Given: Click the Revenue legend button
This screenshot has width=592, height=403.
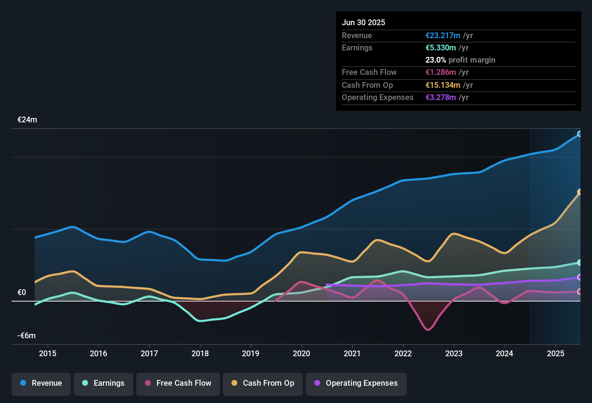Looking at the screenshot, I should pyautogui.click(x=41, y=383).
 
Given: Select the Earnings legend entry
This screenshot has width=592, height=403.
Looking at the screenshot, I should pyautogui.click(x=103, y=383).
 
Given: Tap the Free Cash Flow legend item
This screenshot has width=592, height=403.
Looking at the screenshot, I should pyautogui.click(x=178, y=383).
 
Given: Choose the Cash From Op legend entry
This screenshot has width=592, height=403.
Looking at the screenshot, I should pyautogui.click(x=263, y=383).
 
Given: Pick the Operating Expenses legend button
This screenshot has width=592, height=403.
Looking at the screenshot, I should pyautogui.click(x=356, y=383).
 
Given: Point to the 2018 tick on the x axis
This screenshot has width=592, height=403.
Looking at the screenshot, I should pyautogui.click(x=200, y=353).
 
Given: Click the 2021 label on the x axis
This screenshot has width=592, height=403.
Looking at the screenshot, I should pyautogui.click(x=352, y=353).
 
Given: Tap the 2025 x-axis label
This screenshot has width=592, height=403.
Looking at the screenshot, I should pyautogui.click(x=556, y=353).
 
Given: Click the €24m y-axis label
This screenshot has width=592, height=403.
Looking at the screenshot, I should pyautogui.click(x=27, y=120).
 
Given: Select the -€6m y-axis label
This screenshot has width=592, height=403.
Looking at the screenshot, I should pyautogui.click(x=27, y=336).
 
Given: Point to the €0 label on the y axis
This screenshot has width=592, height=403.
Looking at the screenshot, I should pyautogui.click(x=22, y=293).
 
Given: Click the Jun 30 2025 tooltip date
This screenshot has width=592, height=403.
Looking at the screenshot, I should pyautogui.click(x=363, y=23).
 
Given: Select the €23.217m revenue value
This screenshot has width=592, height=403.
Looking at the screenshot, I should pyautogui.click(x=443, y=36).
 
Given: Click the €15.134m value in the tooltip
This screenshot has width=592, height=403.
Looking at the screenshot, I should pyautogui.click(x=443, y=85).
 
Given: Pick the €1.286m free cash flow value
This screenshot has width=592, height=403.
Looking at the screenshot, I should pyautogui.click(x=441, y=72).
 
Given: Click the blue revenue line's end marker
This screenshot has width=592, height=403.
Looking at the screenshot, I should pyautogui.click(x=580, y=134).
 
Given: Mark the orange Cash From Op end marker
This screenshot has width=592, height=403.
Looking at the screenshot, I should pyautogui.click(x=580, y=192).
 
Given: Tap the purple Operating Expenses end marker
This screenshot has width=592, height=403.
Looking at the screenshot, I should pyautogui.click(x=580, y=277).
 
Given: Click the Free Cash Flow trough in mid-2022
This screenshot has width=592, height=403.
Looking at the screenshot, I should pyautogui.click(x=428, y=329).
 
